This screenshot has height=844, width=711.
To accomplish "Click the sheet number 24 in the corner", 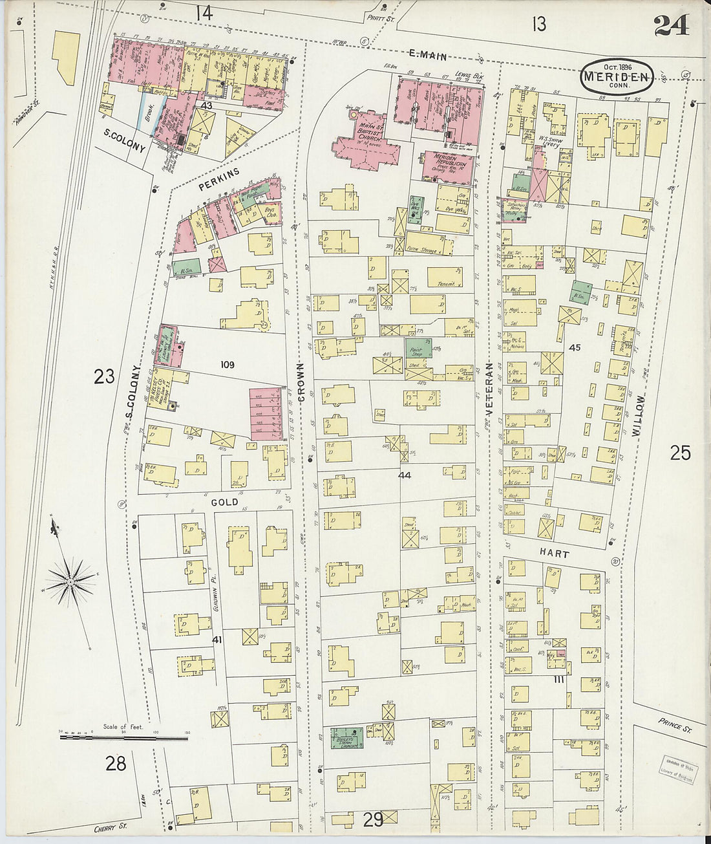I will pyautogui.click(x=670, y=25).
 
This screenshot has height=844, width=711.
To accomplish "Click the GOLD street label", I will pyautogui.click(x=224, y=502).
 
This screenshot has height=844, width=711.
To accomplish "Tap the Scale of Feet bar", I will pyautogui.click(x=123, y=737).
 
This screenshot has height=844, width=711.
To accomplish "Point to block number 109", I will pyautogui.click(x=227, y=365).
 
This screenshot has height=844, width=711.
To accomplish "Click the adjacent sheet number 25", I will pyautogui.click(x=680, y=453).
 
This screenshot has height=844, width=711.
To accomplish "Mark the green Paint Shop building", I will pyautogui.click(x=418, y=349).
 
